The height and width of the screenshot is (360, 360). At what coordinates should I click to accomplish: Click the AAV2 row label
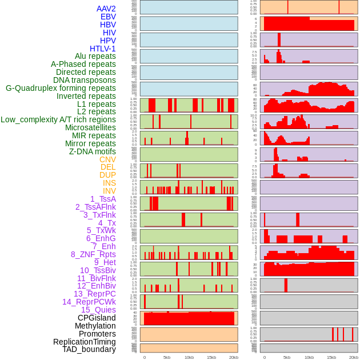pos(106,9)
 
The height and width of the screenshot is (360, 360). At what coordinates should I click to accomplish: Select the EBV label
pos(108,17)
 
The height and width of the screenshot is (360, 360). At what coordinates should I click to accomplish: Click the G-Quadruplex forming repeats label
pos(61,88)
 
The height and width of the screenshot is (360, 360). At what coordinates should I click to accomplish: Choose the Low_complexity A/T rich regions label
pos(58,119)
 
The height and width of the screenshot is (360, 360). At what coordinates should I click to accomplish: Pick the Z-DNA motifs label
pos(92,151)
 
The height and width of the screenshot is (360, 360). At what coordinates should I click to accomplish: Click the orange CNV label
pos(107,159)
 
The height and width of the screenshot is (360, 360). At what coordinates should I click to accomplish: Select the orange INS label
pos(109,183)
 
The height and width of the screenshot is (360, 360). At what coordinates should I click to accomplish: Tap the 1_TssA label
pos(103,199)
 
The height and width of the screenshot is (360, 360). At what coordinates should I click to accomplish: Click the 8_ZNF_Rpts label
pos(93,254)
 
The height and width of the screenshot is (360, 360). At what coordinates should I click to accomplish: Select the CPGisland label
pos(97,318)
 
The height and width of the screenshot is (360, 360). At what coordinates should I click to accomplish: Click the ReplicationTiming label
pos(84,342)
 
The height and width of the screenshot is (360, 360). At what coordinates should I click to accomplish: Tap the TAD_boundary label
pos(89,349)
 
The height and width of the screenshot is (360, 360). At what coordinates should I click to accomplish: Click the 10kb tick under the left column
pos(189,357)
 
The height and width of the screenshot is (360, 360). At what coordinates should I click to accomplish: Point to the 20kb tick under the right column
pos(354,357)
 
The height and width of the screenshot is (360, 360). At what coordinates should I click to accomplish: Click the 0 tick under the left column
pos(144,357)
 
